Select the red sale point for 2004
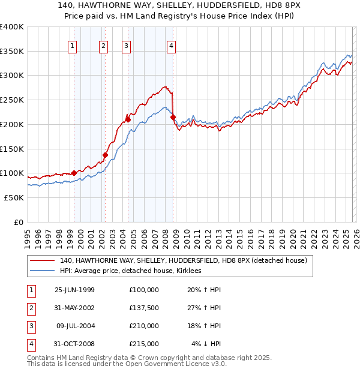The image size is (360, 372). coord(128,119)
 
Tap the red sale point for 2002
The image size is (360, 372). coord(105,155)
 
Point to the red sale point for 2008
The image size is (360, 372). coord(173,117)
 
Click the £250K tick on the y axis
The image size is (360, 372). coord(12,100)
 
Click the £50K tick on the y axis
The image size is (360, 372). coord(14,197)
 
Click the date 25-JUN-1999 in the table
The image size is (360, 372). coord(74,290)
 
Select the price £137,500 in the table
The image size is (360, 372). coord(143,308)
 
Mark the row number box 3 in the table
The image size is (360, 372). coord(29,326)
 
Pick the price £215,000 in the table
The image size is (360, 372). coord(143,344)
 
